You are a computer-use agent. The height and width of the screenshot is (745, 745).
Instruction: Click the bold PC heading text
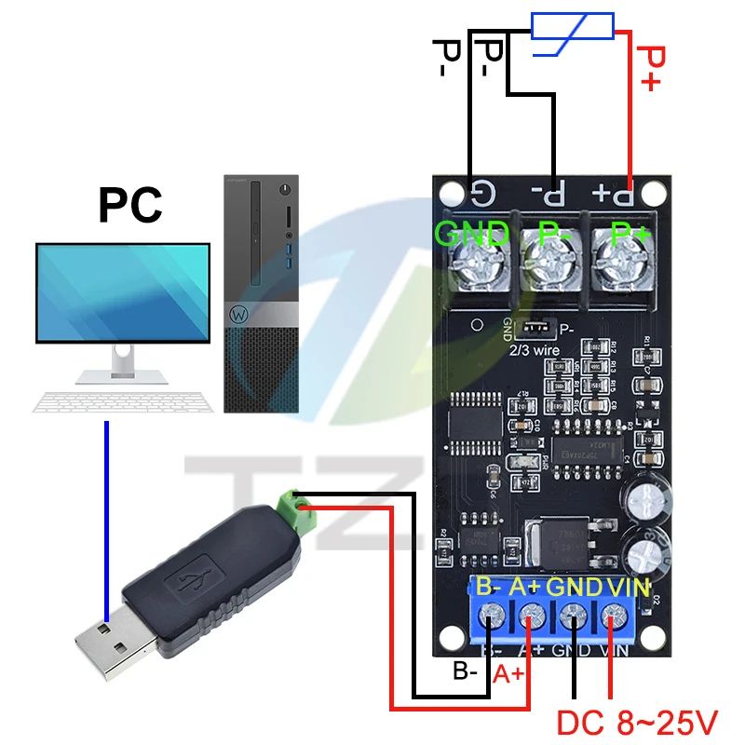coord(129,207)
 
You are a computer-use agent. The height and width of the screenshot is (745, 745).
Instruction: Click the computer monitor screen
coord(122,292)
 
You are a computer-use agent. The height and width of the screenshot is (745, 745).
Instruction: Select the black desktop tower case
coord(262,293)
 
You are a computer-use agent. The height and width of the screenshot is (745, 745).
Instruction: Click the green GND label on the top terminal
coord(472,233)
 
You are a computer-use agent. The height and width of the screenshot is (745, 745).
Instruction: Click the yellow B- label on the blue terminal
coord(489,588)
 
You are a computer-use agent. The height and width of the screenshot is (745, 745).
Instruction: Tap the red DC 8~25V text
coord(637,721)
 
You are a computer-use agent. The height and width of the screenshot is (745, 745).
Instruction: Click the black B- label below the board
coord(467,669)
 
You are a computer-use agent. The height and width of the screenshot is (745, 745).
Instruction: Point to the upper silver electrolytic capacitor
coord(645,504)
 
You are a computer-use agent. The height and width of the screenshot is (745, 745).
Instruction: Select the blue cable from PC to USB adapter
coord(107,521)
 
